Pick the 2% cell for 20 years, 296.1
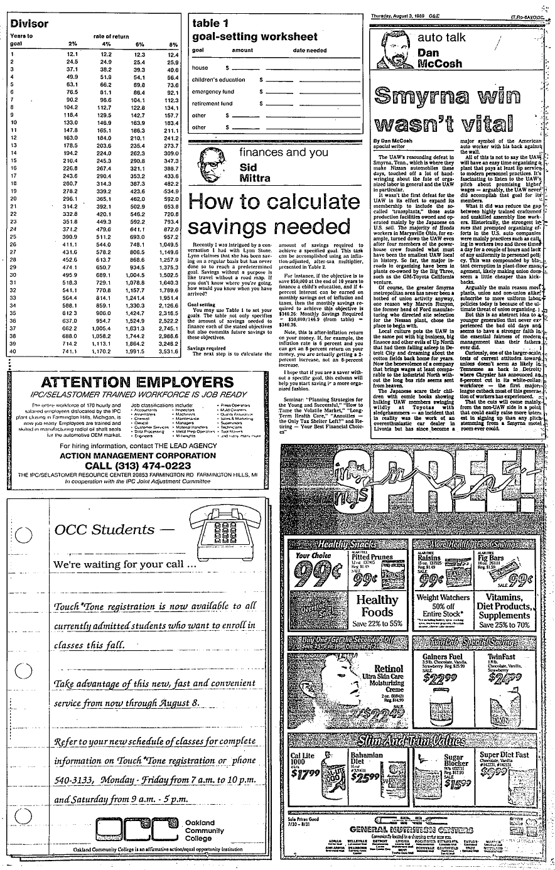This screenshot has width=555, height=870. coord(69,198)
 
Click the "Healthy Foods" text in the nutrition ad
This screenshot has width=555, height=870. coord(377,604)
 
